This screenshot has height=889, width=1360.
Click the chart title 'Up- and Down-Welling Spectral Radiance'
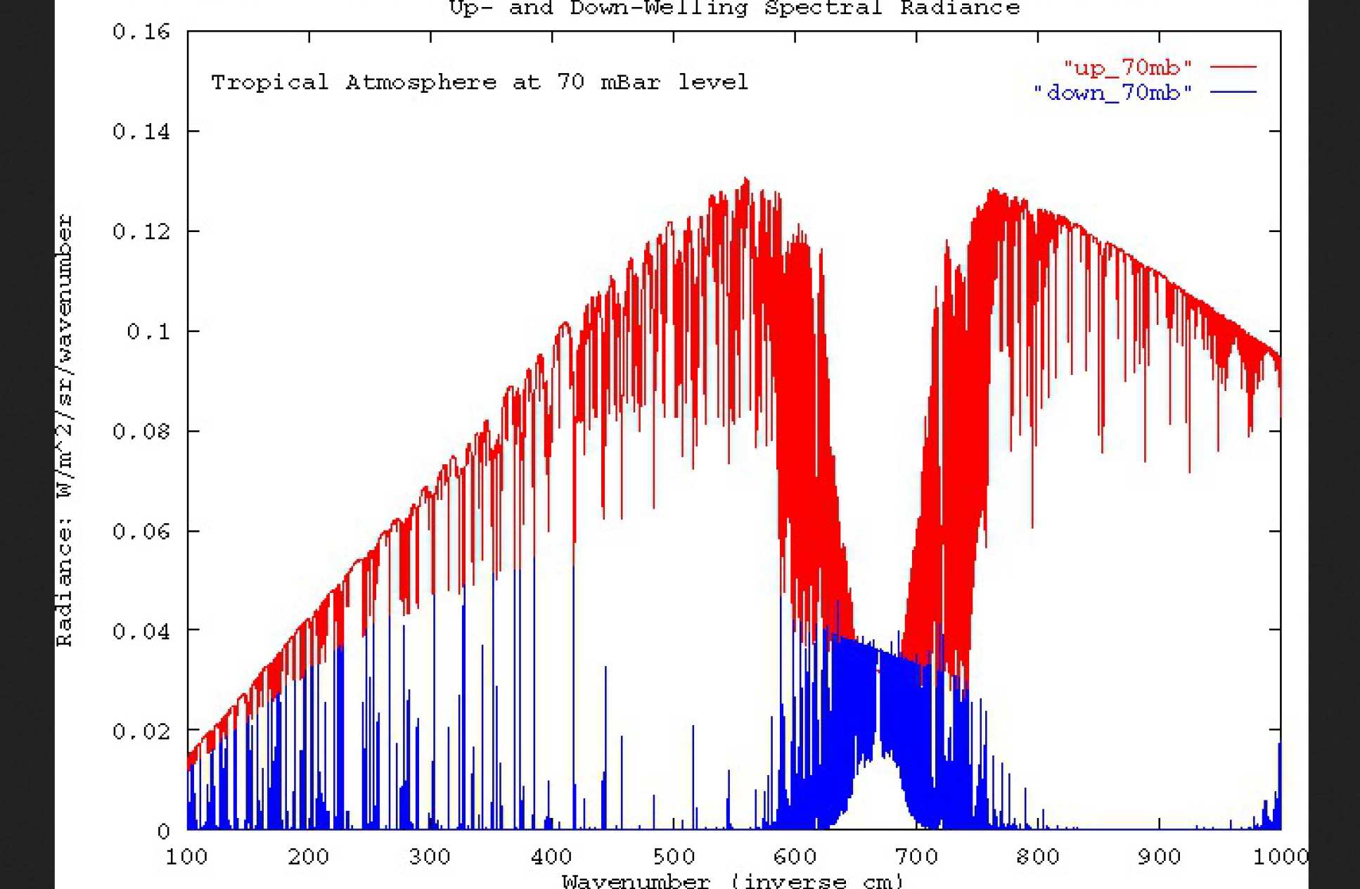(734, 8)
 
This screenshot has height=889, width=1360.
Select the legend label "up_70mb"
(1127, 68)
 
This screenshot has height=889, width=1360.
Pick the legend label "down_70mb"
(1112, 92)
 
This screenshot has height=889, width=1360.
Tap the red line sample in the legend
(1233, 68)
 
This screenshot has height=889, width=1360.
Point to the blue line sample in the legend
(1233, 92)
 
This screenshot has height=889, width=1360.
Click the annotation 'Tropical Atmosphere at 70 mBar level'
(480, 82)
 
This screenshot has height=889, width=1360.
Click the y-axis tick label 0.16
(141, 32)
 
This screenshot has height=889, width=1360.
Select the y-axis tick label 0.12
(141, 231)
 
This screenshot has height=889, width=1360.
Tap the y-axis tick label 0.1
(148, 331)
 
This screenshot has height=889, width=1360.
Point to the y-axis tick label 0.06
(141, 531)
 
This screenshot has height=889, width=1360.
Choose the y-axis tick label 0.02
(141, 731)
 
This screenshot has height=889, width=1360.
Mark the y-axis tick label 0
(163, 831)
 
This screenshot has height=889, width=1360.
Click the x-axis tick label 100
(186, 857)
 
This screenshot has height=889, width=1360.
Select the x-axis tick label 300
(430, 857)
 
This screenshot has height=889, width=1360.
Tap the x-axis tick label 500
(673, 857)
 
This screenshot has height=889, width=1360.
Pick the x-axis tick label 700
(916, 857)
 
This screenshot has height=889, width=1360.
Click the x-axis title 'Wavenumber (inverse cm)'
(731, 881)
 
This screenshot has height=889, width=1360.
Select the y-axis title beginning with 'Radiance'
(65, 430)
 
